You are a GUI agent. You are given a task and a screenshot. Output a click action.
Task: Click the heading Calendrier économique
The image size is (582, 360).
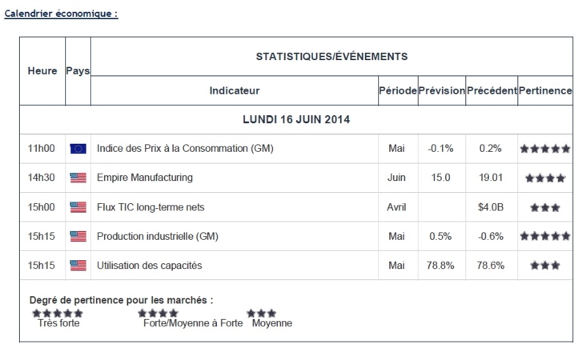(x=61, y=14)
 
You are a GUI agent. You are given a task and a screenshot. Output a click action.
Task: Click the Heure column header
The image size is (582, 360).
(x=42, y=71)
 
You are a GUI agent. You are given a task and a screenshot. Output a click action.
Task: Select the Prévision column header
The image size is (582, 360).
(x=441, y=91)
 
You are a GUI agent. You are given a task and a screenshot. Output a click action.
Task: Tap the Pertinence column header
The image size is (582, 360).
(x=545, y=91)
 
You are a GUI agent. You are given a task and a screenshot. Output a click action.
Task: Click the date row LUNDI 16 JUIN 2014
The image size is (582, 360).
(x=295, y=120)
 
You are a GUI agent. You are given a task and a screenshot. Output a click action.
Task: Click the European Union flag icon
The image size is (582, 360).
(x=78, y=149)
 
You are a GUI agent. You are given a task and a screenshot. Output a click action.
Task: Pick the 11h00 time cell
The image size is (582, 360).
(x=41, y=149)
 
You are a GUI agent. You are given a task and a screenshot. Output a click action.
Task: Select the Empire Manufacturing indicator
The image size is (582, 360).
(x=144, y=178)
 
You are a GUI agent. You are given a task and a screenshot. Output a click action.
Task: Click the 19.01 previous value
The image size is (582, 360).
(x=491, y=178)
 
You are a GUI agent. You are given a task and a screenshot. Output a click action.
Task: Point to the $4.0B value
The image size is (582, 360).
(x=491, y=207)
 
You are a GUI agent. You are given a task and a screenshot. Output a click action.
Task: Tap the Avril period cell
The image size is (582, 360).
(x=397, y=207)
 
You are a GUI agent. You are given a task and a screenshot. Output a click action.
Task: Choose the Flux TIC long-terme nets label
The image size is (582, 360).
(x=151, y=207)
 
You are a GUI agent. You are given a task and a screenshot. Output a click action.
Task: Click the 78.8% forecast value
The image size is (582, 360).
(x=441, y=265)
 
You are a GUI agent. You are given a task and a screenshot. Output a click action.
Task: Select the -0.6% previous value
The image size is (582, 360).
(x=491, y=236)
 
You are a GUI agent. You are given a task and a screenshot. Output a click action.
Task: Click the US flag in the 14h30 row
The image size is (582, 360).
(x=78, y=178)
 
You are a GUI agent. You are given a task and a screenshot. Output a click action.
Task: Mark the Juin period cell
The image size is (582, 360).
(x=397, y=178)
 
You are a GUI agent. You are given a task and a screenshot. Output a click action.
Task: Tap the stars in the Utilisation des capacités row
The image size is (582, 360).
(x=545, y=266)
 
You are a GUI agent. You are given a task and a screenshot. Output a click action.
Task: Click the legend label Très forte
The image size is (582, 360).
(x=58, y=324)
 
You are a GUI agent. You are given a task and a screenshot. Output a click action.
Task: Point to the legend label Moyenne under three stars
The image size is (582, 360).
(x=272, y=324)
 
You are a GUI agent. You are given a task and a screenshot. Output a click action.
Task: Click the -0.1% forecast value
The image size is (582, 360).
(x=441, y=149)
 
